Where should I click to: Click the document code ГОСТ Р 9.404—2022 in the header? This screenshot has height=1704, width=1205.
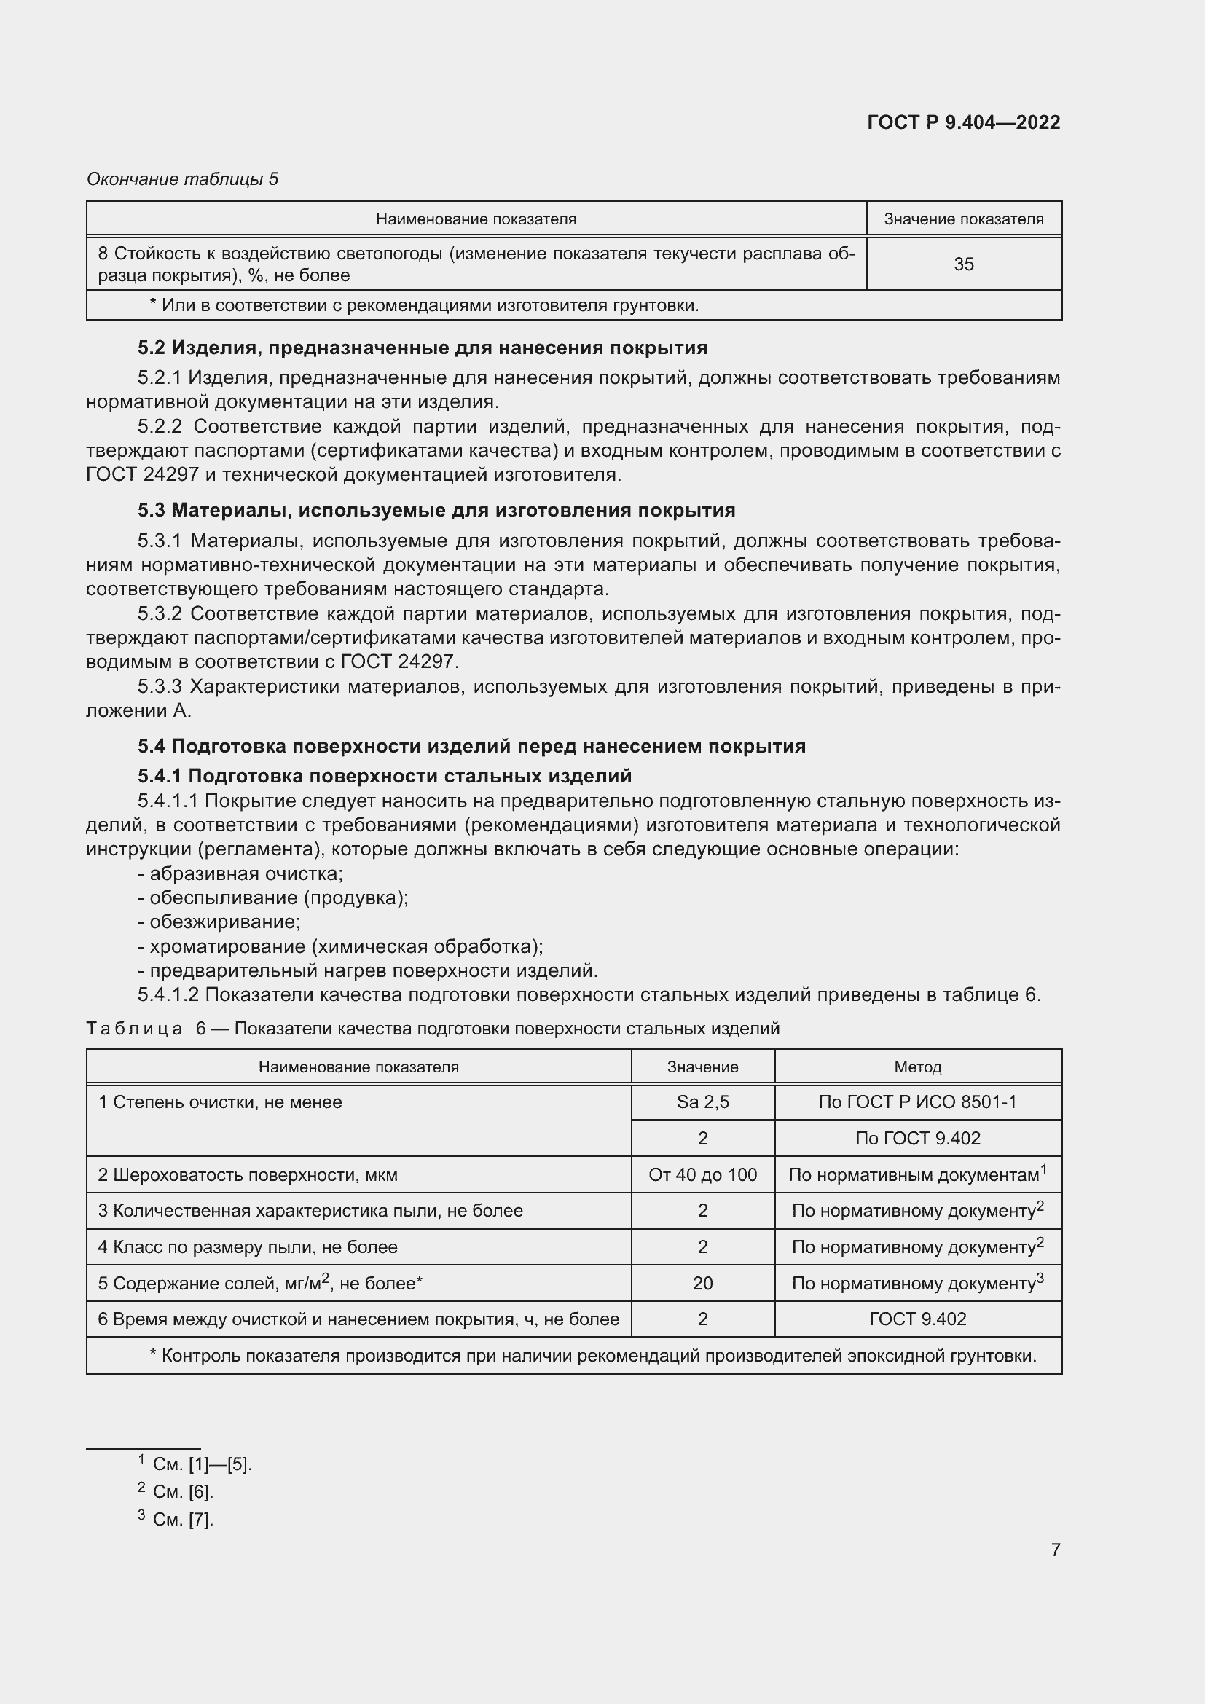pyautogui.click(x=963, y=122)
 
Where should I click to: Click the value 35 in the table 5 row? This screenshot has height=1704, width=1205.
pyautogui.click(x=963, y=264)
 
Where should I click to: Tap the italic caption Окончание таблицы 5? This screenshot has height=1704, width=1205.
pyautogui.click(x=183, y=179)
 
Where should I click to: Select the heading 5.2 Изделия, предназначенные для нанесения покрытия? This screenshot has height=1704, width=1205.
pyautogui.click(x=423, y=348)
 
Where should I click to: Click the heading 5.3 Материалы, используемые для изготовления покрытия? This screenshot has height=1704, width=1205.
pyautogui.click(x=436, y=510)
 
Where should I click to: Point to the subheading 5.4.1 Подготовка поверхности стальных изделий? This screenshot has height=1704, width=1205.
pyautogui.click(x=385, y=776)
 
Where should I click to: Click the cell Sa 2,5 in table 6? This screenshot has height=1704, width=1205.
pyautogui.click(x=702, y=1102)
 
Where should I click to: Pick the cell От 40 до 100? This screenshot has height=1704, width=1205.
pyautogui.click(x=702, y=1175)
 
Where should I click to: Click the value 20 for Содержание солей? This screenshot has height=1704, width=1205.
pyautogui.click(x=702, y=1283)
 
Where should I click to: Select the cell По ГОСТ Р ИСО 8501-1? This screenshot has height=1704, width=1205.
pyautogui.click(x=917, y=1102)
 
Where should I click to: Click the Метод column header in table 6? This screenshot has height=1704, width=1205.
pyautogui.click(x=917, y=1067)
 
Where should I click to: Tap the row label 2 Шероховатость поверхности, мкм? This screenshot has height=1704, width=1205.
pyautogui.click(x=248, y=1175)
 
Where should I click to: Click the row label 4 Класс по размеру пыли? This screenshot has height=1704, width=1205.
pyautogui.click(x=248, y=1246)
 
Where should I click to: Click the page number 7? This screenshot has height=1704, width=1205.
pyautogui.click(x=1055, y=1550)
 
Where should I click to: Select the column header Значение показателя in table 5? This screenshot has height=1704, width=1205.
pyautogui.click(x=963, y=219)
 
